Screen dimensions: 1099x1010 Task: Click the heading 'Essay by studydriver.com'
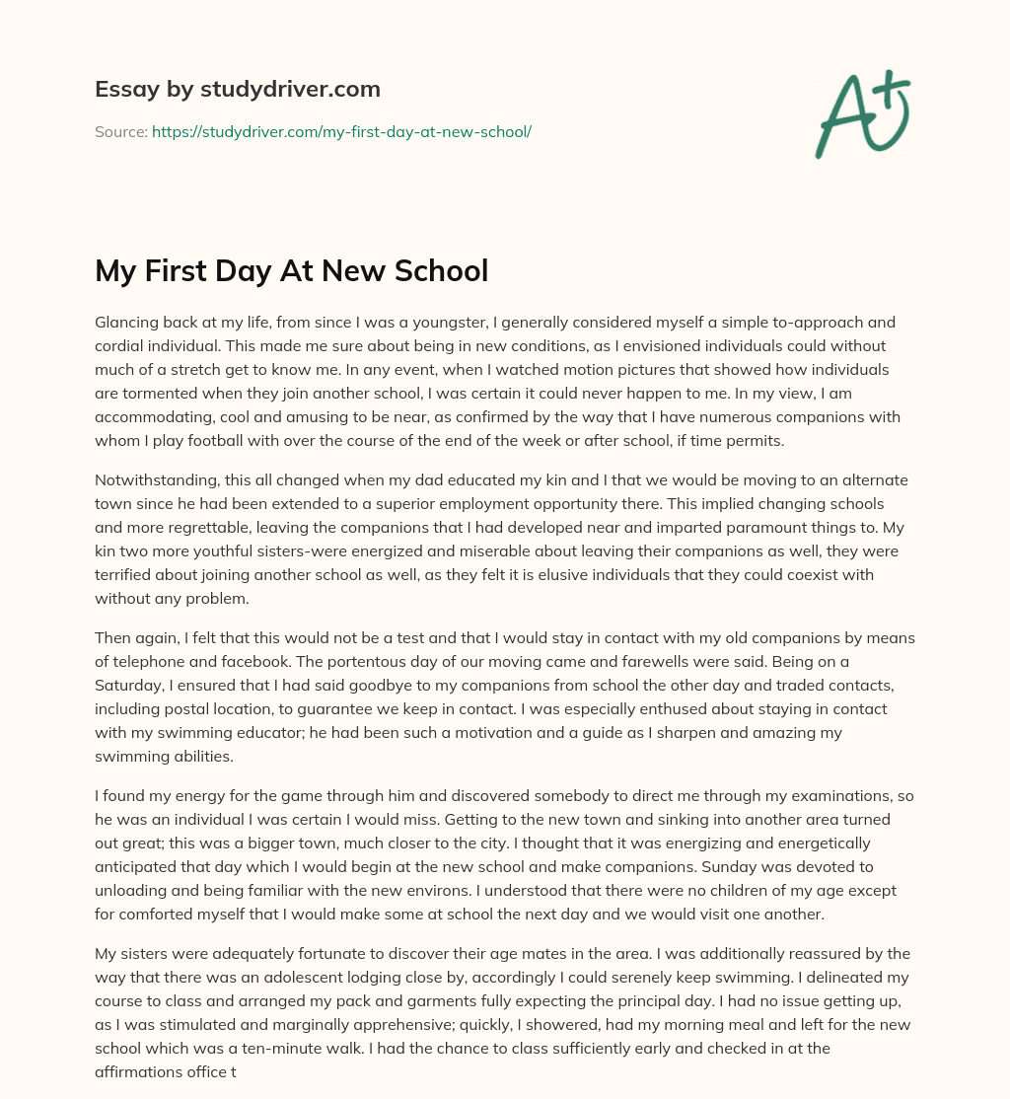(x=237, y=90)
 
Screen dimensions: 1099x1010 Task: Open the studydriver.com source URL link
(x=341, y=131)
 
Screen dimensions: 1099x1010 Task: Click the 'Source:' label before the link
(x=120, y=131)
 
